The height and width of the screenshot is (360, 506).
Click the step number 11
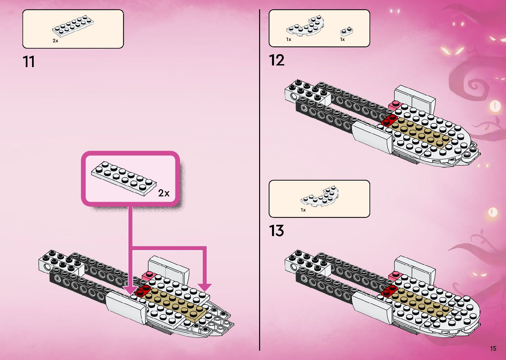pos(29,62)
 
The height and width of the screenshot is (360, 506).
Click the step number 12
pos(277,60)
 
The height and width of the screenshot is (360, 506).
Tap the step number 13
pos(277,231)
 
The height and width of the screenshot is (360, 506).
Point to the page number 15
pos(493,348)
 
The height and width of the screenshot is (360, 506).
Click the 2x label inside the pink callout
pos(164,193)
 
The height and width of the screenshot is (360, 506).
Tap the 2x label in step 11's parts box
pos(55,41)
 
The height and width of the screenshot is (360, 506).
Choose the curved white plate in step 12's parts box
pos(305,26)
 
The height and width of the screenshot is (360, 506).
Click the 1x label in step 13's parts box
pos(303,210)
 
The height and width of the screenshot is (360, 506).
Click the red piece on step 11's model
pos(143,291)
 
